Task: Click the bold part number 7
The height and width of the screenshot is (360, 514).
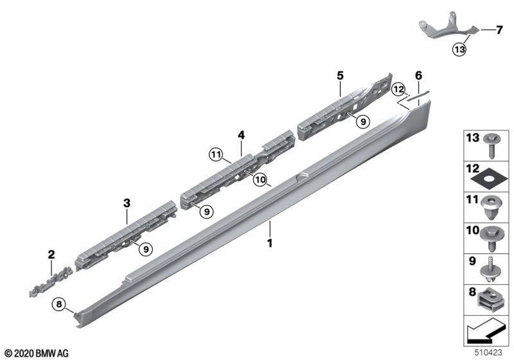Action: point(499,30)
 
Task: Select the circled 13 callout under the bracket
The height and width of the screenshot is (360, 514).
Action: point(459,50)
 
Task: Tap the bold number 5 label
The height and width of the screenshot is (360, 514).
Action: point(341,76)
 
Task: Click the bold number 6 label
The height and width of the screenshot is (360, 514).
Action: point(419,76)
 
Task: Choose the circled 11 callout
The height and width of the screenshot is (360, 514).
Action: point(216,154)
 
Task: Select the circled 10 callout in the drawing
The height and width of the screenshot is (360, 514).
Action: point(261,179)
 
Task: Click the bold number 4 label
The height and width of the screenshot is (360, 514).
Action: point(242,135)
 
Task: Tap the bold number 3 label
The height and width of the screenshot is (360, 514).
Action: point(127,203)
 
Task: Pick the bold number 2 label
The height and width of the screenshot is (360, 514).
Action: point(51,255)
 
